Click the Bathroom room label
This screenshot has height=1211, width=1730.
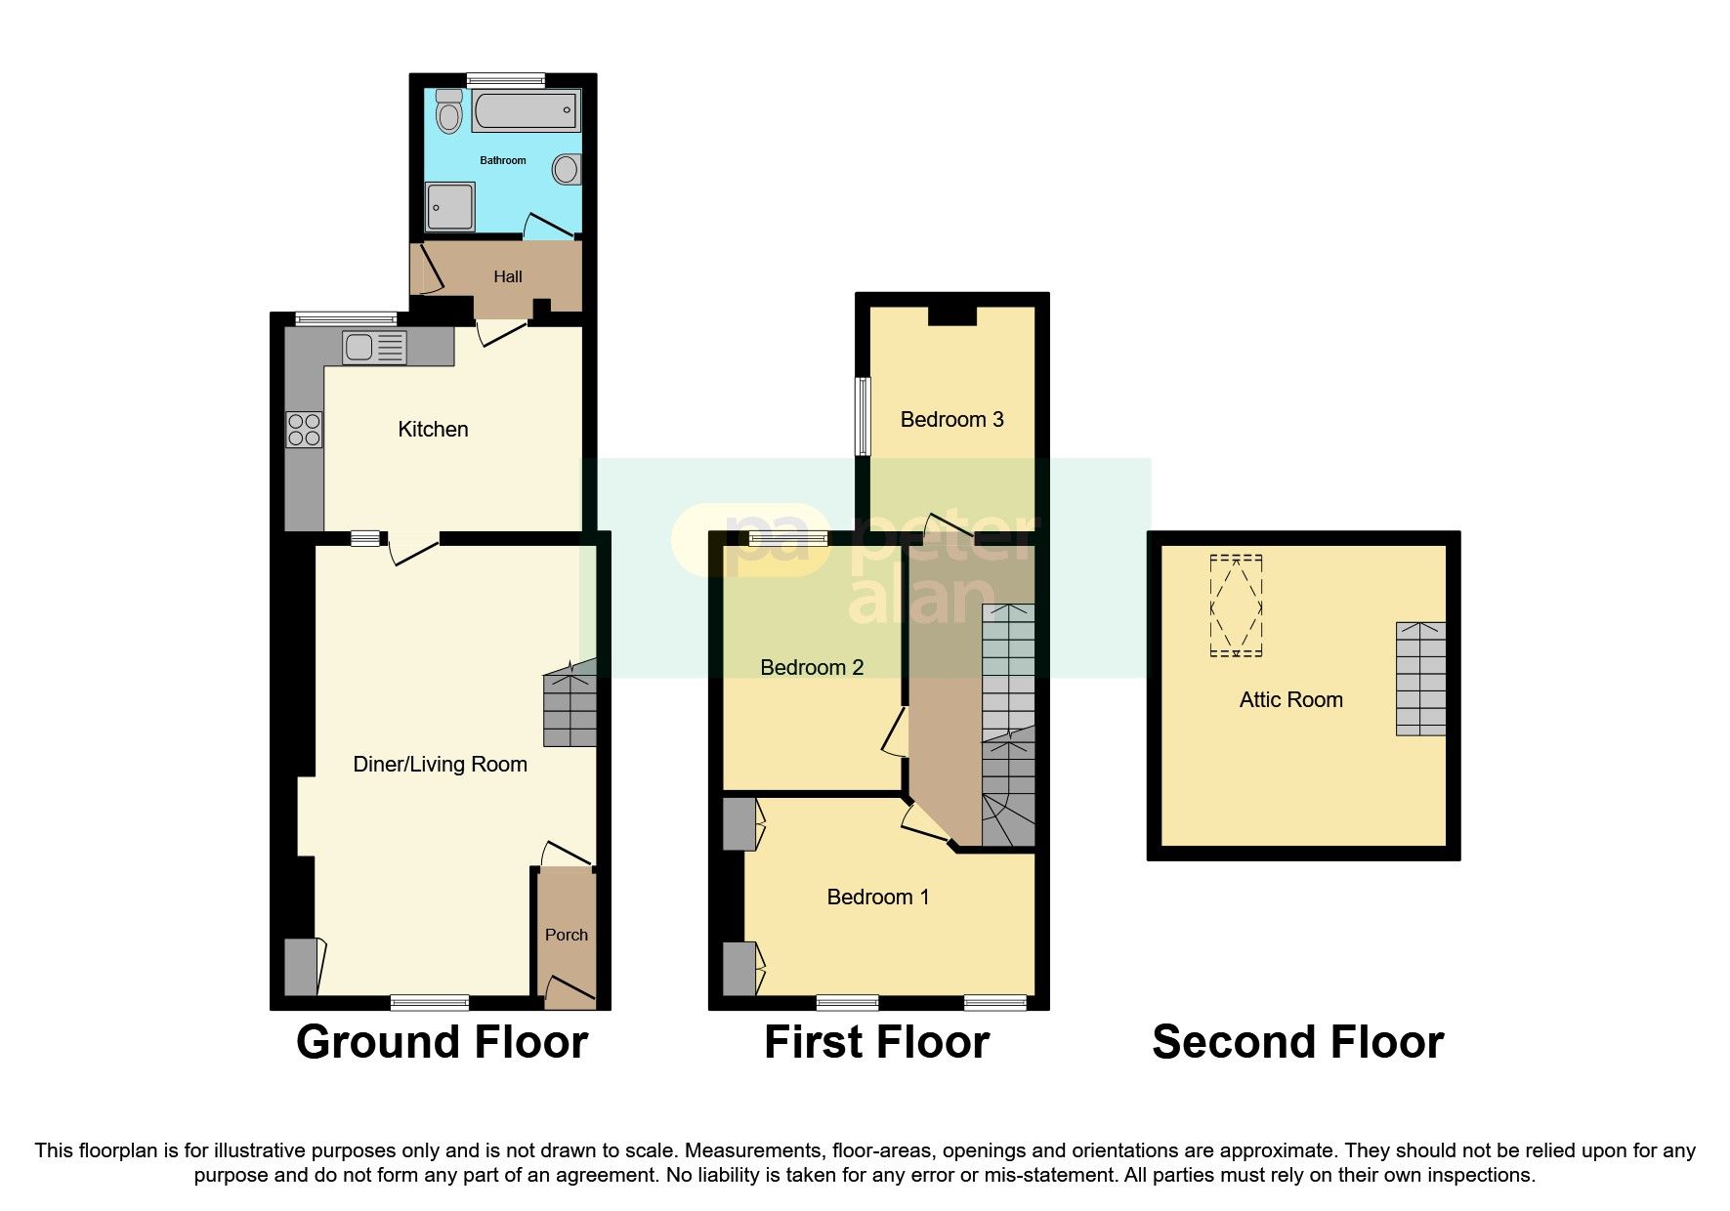point(502,160)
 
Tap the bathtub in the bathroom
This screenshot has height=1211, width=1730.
point(526,110)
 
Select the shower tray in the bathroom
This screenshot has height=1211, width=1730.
point(450,206)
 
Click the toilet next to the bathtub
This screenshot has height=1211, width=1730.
point(448,111)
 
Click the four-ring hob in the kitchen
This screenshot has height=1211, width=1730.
point(304,430)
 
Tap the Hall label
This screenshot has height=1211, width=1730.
point(507,276)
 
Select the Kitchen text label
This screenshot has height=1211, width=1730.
point(433,429)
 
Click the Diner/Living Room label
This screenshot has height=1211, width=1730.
point(440,764)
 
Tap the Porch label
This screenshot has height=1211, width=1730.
point(566,935)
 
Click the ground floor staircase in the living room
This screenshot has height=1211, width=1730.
point(570,705)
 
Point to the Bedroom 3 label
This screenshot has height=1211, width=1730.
point(951,419)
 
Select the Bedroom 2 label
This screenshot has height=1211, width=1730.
point(811,667)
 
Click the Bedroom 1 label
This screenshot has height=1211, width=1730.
point(877,897)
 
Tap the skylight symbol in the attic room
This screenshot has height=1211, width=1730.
point(1236,605)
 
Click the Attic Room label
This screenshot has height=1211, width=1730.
point(1290,699)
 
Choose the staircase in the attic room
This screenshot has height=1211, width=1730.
point(1420,679)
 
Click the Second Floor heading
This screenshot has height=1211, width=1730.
point(1297,1042)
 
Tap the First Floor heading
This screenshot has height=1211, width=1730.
point(876,1042)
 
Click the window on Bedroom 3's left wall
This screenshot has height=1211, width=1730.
point(863,416)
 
